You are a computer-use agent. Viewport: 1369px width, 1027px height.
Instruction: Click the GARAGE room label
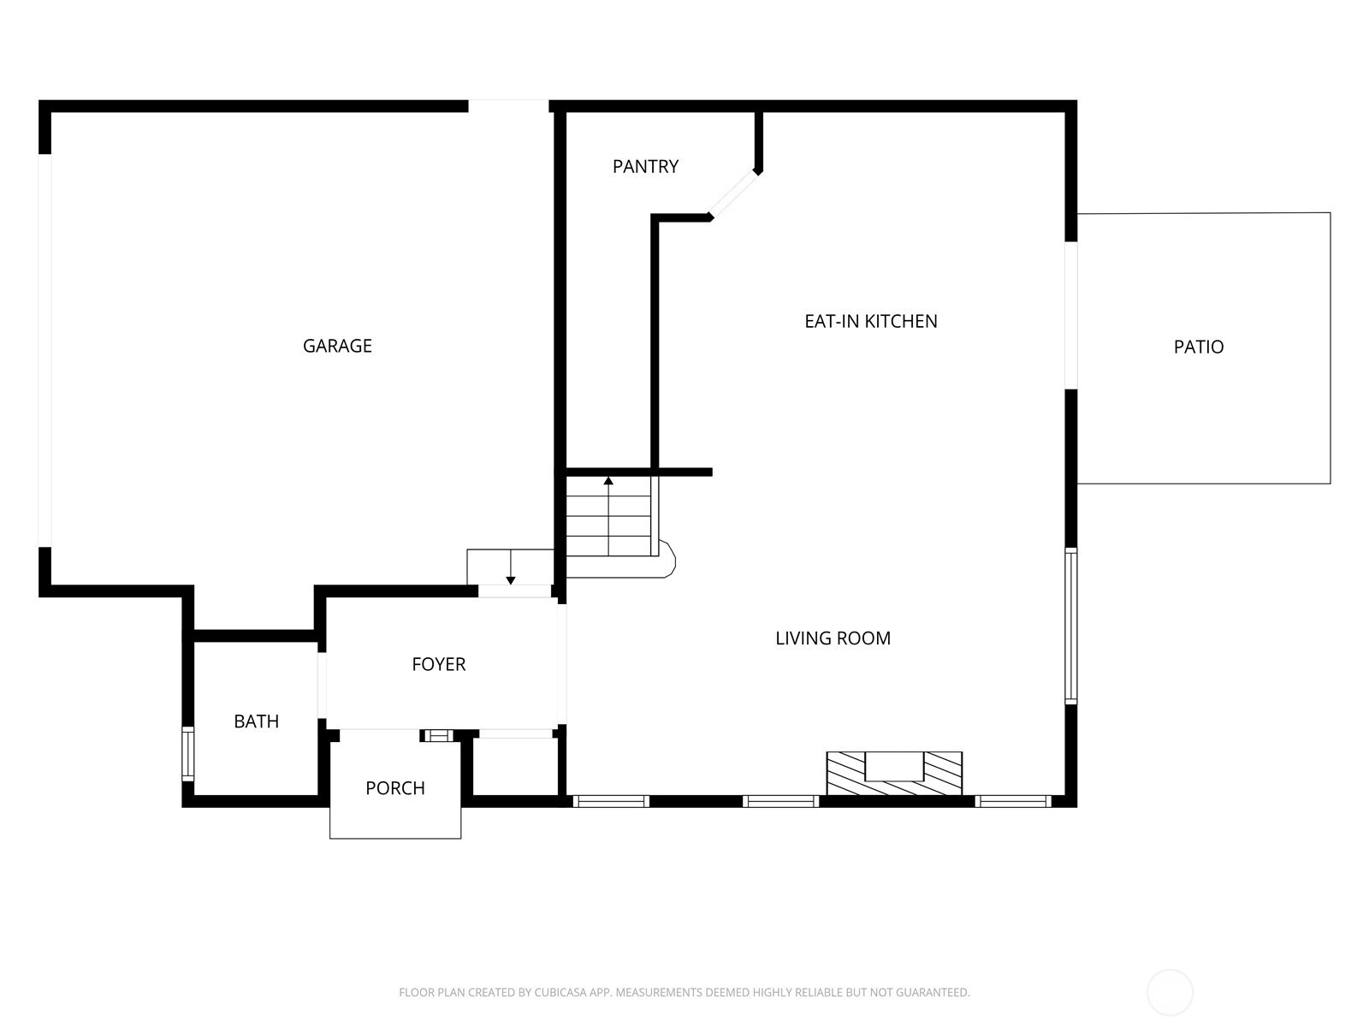tap(337, 346)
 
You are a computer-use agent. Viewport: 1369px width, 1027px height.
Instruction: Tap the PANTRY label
tap(645, 167)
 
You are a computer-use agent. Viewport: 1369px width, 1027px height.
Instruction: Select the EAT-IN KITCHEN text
tap(871, 321)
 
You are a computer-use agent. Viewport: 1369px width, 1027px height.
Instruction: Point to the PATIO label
tap(1199, 347)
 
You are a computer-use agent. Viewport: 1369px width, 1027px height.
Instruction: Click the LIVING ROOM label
tap(833, 638)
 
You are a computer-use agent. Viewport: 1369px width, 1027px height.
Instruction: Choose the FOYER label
tap(438, 664)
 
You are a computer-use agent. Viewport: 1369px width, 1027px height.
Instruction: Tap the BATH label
tap(257, 721)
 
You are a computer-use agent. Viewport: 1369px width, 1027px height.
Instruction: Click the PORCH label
tap(395, 788)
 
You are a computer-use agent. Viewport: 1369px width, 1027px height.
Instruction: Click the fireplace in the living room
tap(894, 773)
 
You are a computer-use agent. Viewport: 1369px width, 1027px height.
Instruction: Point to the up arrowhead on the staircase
tap(608, 481)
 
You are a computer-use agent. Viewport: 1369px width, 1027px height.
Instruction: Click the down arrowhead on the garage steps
tap(511, 580)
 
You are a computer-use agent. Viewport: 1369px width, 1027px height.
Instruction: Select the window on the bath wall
tap(187, 753)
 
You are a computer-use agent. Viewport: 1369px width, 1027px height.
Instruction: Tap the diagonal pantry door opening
tap(734, 194)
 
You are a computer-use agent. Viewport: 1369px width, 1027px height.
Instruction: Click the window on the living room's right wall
tap(1071, 626)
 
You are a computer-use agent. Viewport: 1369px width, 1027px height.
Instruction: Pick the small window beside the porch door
tap(438, 736)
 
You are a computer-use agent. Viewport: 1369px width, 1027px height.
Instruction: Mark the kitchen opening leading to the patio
tap(1071, 316)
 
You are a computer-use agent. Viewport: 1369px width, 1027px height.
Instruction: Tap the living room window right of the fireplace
tap(1014, 801)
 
